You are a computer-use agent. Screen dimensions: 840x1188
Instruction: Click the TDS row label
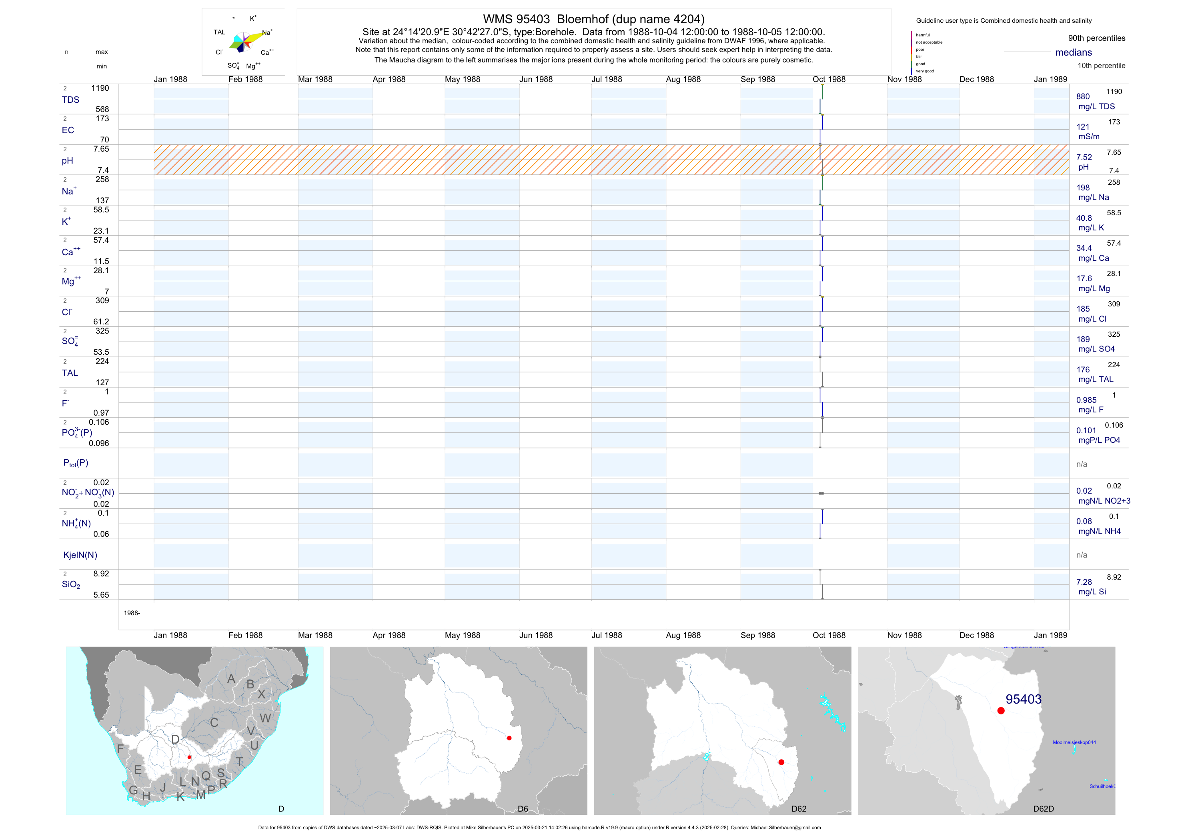(x=70, y=100)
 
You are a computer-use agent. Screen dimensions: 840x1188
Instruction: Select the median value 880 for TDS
(x=1082, y=97)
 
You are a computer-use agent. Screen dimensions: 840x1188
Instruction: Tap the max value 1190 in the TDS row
(x=100, y=88)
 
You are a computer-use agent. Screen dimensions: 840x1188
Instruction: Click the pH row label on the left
(x=67, y=161)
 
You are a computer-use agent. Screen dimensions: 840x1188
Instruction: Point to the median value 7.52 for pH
(x=1084, y=157)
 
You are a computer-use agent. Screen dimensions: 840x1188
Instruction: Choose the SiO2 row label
(x=71, y=584)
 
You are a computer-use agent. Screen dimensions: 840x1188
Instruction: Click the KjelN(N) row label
(x=80, y=555)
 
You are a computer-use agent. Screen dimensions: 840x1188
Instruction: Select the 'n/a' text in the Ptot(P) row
(x=1082, y=464)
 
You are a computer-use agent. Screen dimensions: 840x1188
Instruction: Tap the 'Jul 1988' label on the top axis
(x=607, y=79)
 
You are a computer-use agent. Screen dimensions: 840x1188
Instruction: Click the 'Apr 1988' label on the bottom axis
(x=389, y=635)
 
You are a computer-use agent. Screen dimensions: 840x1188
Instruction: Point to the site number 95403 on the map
(x=1023, y=699)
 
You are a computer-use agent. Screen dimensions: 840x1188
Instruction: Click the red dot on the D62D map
(x=1001, y=711)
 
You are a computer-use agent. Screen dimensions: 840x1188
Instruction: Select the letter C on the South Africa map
(x=214, y=722)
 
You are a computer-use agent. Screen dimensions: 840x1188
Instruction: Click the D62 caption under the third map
(x=798, y=808)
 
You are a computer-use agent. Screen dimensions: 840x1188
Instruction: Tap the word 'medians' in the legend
(x=1073, y=52)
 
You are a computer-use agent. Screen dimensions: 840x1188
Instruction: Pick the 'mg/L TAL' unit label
(x=1096, y=379)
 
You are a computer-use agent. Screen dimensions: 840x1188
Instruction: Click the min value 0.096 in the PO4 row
(x=98, y=443)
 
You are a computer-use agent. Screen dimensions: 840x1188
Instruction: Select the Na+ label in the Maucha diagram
(x=267, y=32)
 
